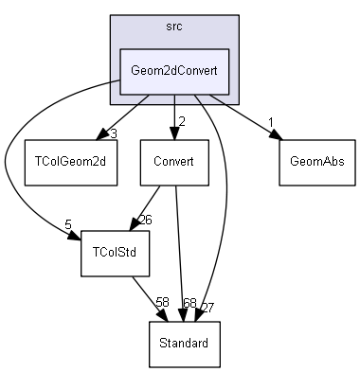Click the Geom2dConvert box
click(x=172, y=72)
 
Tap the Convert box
click(x=172, y=161)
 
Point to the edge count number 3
click(x=113, y=133)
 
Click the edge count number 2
click(x=181, y=120)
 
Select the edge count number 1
click(x=271, y=121)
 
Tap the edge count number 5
click(x=68, y=225)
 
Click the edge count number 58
click(x=162, y=302)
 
